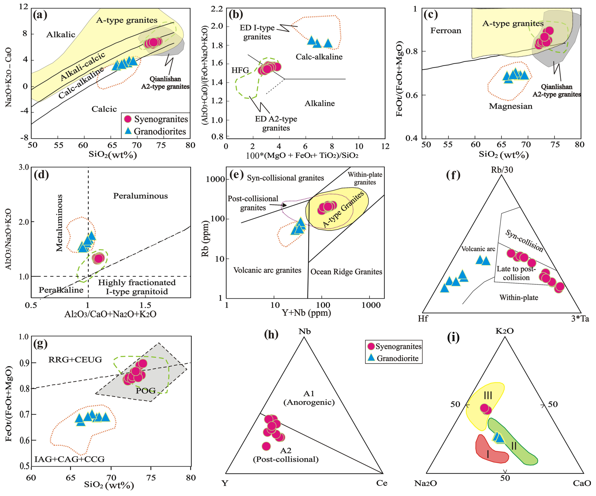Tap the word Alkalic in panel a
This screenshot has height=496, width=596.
pyautogui.click(x=61, y=35)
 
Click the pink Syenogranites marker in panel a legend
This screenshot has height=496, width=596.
pyautogui.click(x=128, y=119)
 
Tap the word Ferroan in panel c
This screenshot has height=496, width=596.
pyautogui.click(x=446, y=31)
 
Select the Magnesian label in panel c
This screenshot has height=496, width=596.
pyautogui.click(x=510, y=106)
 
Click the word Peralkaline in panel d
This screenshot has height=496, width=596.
pyautogui.click(x=61, y=290)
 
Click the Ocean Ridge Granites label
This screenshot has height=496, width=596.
pyautogui.click(x=346, y=272)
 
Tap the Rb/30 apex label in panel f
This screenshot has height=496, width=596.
pyautogui.click(x=502, y=170)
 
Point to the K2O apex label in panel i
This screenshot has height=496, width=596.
pyautogui.click(x=504, y=331)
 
